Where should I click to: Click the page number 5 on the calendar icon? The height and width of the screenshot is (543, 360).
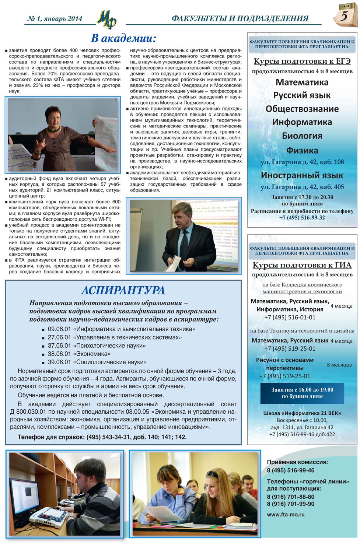click(345, 16)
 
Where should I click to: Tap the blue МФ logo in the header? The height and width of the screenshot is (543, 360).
click(106, 19)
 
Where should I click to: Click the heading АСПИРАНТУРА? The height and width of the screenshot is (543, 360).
click(123, 290)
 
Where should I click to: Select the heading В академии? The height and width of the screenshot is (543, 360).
click(123, 38)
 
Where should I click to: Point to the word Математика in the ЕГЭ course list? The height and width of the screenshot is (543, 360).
click(302, 82)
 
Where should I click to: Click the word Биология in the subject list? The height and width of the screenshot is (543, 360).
click(302, 136)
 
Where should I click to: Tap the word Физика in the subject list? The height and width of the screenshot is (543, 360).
click(302, 150)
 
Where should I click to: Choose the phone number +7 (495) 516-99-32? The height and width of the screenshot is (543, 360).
click(302, 217)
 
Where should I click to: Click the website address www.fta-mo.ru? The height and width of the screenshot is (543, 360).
click(286, 514)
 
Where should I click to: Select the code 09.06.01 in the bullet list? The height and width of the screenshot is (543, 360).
click(59, 329)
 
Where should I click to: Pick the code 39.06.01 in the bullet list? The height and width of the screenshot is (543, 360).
click(59, 362)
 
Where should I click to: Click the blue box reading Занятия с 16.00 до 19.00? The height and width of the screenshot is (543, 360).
click(302, 393)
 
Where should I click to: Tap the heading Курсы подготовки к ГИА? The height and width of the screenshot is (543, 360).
click(302, 265)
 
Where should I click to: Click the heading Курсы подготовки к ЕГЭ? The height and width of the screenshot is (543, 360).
click(302, 61)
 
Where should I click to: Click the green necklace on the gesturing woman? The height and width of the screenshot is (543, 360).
click(53, 129)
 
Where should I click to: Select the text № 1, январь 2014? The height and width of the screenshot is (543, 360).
click(55, 18)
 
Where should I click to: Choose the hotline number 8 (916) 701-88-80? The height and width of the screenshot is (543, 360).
click(291, 497)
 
